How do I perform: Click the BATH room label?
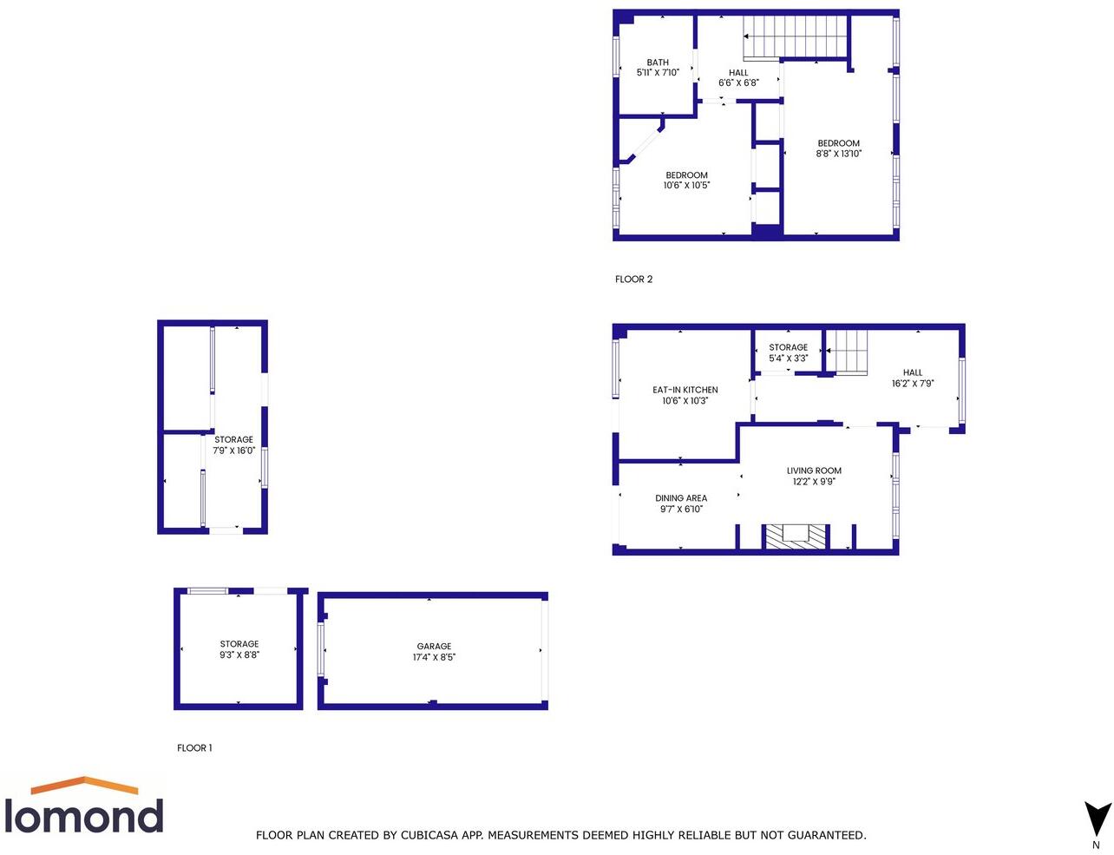[658, 62]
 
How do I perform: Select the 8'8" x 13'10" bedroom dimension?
[838, 155]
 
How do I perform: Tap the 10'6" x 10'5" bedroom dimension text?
[686, 186]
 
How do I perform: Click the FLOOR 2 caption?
[633, 280]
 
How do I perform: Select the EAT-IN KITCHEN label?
[685, 390]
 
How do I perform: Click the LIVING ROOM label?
[814, 470]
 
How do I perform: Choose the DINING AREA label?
[681, 498]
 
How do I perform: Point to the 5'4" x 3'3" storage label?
[788, 352]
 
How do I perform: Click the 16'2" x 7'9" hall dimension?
[913, 384]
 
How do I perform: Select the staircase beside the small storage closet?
[846, 352]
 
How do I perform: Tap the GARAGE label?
[434, 646]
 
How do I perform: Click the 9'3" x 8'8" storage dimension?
[239, 655]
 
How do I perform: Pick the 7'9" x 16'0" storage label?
[234, 445]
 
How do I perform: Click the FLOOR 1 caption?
[194, 748]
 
